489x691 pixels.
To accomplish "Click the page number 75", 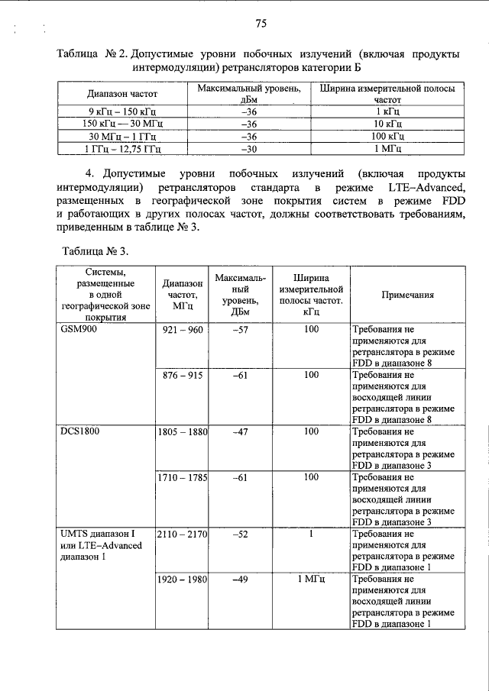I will (261, 24).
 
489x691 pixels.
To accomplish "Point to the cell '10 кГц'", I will (387, 123).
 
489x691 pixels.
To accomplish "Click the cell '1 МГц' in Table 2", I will (387, 147).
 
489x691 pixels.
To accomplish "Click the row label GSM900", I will (79, 330).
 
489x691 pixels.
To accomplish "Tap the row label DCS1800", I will (81, 431).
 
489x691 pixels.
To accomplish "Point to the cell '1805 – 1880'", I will (183, 431).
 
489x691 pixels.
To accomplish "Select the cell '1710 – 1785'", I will (183, 477).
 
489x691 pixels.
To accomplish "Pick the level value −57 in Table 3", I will (241, 330).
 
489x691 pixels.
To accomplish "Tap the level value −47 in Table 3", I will (241, 431).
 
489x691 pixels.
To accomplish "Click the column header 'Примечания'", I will (408, 294).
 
